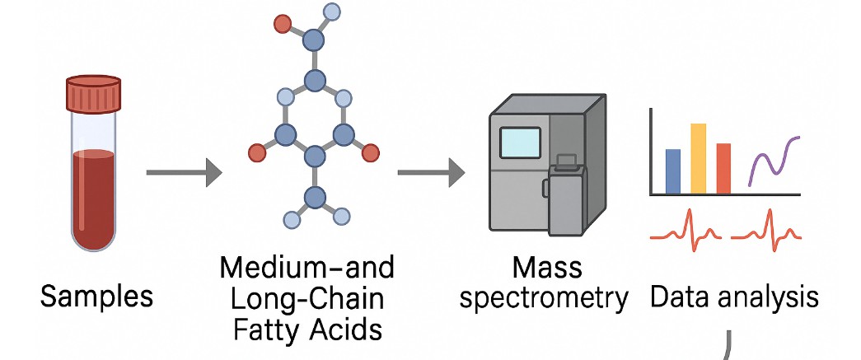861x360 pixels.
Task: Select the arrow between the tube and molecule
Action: tap(184, 173)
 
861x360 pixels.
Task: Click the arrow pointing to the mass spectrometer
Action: tap(431, 173)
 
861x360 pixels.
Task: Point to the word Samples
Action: tap(96, 295)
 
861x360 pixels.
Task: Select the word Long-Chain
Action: tap(307, 298)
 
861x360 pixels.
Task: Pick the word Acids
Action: tap(346, 329)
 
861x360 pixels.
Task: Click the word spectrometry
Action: tap(544, 297)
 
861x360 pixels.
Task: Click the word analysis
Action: tap(773, 296)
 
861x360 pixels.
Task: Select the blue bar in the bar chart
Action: tap(672, 171)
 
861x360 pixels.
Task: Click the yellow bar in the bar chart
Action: tap(698, 158)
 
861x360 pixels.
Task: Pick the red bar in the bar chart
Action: tap(723, 168)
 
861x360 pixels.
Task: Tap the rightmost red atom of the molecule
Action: tap(370, 152)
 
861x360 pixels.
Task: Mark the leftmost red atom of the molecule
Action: tap(257, 152)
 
